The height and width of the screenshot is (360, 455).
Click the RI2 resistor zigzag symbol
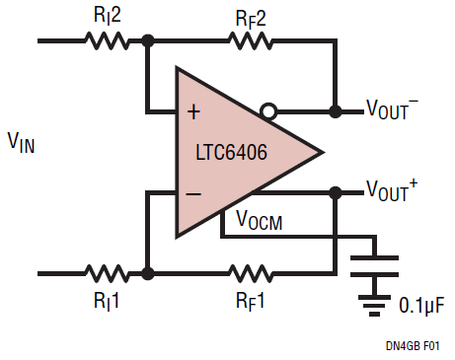pos(107,41)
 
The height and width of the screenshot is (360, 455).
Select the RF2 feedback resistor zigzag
pos(251,41)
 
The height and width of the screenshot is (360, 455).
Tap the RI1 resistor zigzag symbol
pos(107,273)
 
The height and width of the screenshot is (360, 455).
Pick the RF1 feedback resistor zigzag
pos(251,273)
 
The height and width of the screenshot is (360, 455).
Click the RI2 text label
pos(108,15)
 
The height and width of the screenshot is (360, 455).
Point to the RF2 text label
pos(251,20)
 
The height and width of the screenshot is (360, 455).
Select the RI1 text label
pos(107,301)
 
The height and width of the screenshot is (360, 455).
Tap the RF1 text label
pos(250,301)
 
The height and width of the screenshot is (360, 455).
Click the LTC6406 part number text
pos(231,152)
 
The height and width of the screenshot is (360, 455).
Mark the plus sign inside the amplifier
pos(193,112)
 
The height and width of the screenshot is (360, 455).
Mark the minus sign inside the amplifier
pos(193,194)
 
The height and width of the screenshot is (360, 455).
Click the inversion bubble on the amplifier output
pos(268,111)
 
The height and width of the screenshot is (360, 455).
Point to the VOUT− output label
pos(392,108)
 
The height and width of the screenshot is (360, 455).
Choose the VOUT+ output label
pos(392,189)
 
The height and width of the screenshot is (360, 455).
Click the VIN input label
pos(21,142)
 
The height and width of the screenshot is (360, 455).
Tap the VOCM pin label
pos(260,220)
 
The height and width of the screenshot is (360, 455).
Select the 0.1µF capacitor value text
pos(421,305)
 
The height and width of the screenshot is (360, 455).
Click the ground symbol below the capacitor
pos(374,306)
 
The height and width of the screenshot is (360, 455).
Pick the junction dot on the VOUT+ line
pos(336,192)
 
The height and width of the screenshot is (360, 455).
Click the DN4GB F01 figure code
pos(413,346)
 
